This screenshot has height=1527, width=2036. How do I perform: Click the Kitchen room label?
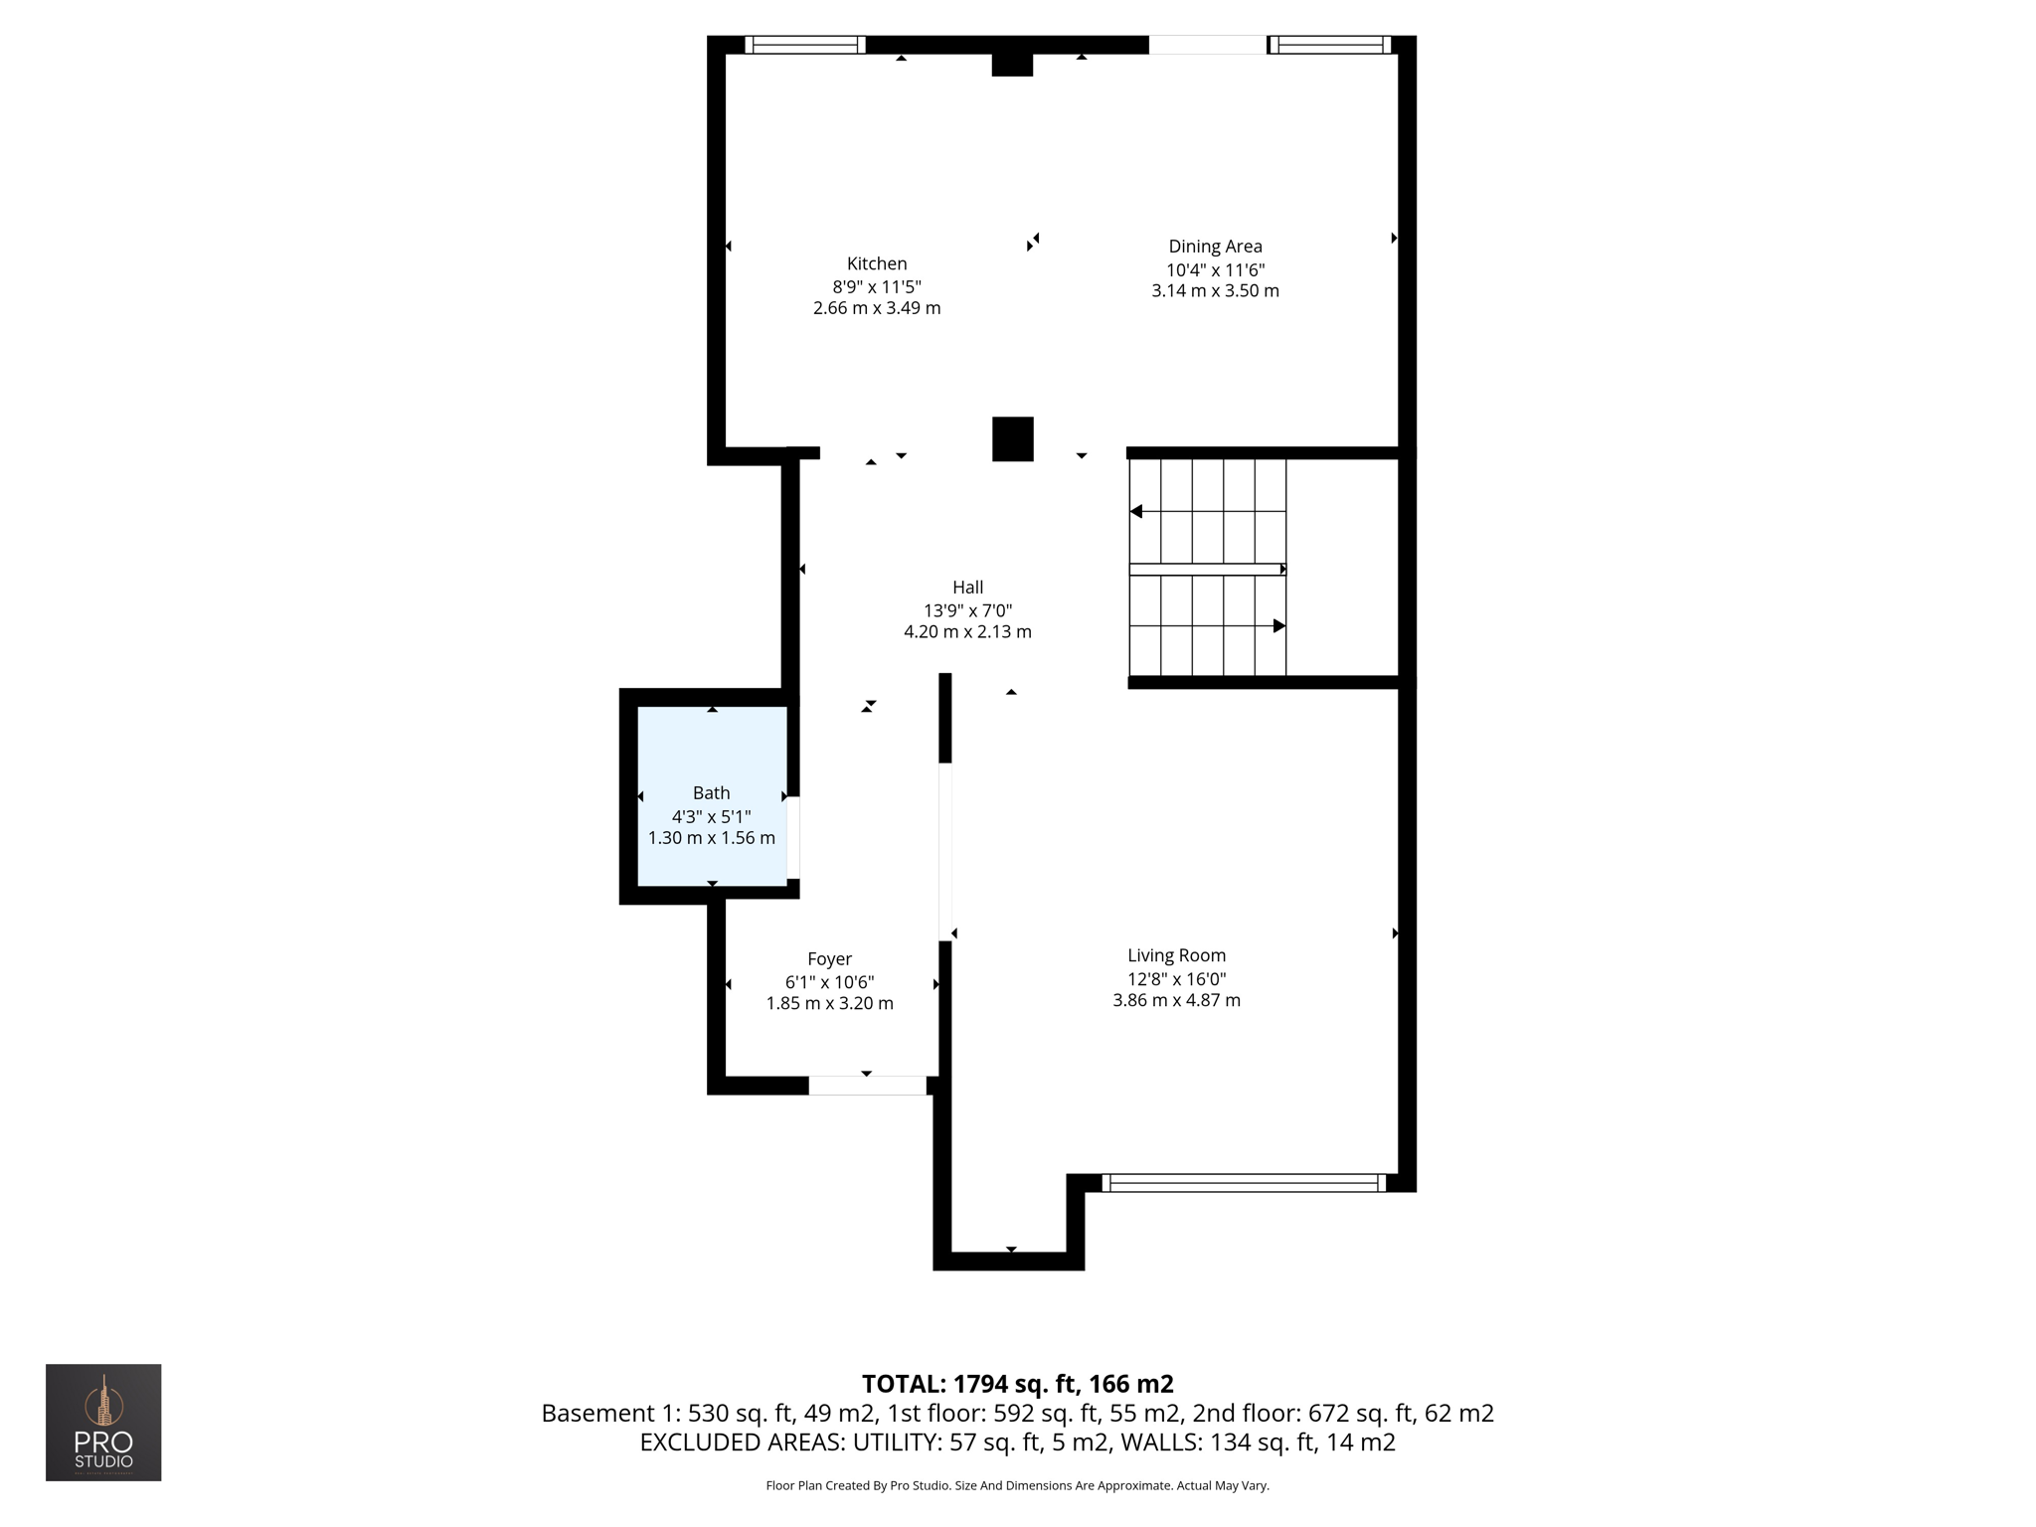[876, 263]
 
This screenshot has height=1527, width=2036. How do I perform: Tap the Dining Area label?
[1215, 247]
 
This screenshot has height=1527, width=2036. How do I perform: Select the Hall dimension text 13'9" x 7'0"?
[967, 610]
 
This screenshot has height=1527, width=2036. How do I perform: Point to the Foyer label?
[829, 959]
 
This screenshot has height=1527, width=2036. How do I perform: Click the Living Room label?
[1176, 955]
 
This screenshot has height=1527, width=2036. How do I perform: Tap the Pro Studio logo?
[103, 1422]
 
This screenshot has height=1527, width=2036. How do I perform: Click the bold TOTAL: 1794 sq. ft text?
[1017, 1384]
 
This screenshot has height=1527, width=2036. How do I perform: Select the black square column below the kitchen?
[1012, 438]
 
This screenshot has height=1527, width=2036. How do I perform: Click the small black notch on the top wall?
[1012, 65]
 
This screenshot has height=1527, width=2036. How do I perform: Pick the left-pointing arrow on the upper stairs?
[1136, 512]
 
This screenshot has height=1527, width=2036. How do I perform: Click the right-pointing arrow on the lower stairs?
[1279, 626]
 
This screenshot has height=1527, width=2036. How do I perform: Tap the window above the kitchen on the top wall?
[805, 45]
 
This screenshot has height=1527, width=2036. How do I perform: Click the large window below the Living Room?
[1243, 1183]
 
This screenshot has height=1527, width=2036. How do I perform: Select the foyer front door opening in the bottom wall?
[867, 1086]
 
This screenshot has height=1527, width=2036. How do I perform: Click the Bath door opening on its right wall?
[793, 837]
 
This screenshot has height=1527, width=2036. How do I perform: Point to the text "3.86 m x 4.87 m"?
[1176, 1001]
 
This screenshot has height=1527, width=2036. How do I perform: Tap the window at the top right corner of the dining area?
[1330, 45]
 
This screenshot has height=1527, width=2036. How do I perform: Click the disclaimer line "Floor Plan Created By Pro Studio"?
[1017, 1485]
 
